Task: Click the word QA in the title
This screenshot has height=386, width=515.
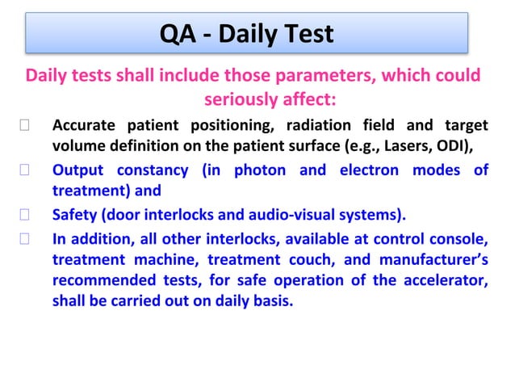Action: click(x=181, y=34)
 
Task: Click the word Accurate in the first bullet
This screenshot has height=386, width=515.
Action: click(x=83, y=127)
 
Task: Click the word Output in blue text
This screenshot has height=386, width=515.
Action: click(x=77, y=170)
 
